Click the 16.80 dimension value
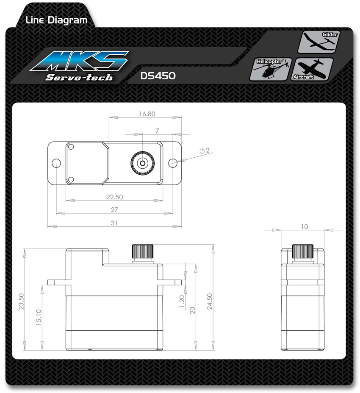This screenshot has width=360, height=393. pos(147,114)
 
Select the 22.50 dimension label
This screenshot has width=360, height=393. pos(114,197)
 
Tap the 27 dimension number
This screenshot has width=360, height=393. pos(114,209)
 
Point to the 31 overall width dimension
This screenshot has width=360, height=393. pos(114,223)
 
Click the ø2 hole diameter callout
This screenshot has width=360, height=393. pos(205,151)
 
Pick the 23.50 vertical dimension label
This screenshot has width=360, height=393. pos(21,301)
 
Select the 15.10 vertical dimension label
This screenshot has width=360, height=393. pos(39,317)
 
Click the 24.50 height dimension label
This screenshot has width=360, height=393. pos(210,301)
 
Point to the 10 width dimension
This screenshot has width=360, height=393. pos(305,226)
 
